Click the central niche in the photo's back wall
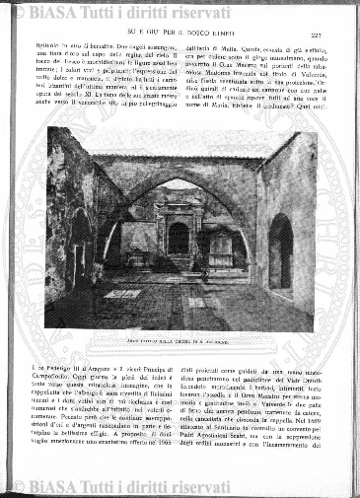(179, 237)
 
